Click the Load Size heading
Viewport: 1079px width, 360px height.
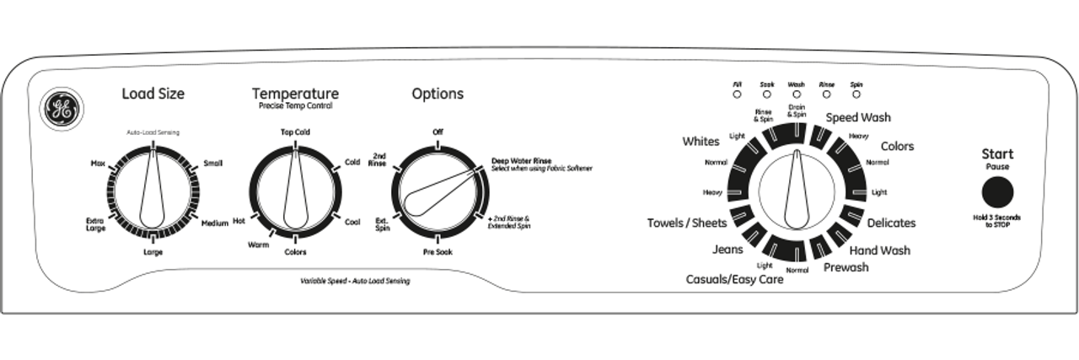coord(153,94)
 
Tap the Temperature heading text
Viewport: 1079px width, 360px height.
coord(295,94)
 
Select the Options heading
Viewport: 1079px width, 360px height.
coord(438,94)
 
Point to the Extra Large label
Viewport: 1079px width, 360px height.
coord(94,225)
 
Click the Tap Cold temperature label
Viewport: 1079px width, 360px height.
coord(295,132)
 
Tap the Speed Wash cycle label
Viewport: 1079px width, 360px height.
coord(857,117)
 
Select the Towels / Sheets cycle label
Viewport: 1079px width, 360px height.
coord(686,223)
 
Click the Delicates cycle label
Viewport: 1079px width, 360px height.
coord(892,223)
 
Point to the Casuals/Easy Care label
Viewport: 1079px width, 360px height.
coord(734,280)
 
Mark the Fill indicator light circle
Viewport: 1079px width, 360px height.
coord(738,95)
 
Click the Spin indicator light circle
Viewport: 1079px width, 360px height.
coord(856,95)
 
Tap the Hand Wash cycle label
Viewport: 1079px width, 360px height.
coord(879,250)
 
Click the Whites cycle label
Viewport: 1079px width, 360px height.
coord(701,142)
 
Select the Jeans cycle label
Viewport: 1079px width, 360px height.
coord(727,250)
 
